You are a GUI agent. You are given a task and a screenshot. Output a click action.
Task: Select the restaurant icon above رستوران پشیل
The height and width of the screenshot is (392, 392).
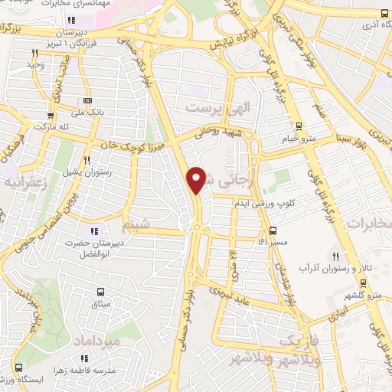coord(87,160)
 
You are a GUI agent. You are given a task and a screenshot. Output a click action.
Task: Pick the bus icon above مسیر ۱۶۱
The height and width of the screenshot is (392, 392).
coord(273,230)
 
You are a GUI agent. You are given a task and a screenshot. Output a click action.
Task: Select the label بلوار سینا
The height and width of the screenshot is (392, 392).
coord(353,139)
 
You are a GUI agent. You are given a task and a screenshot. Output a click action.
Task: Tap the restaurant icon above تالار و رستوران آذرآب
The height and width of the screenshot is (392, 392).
coord(334,256)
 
